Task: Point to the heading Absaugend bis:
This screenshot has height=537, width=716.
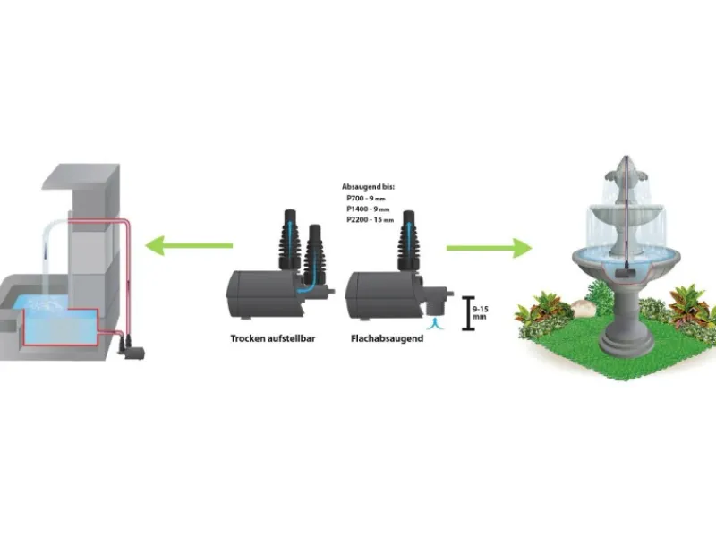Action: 368,186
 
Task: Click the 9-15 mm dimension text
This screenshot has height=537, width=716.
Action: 480,311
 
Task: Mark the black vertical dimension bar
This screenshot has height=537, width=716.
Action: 465,311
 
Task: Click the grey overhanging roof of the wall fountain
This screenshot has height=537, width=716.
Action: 81,176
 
